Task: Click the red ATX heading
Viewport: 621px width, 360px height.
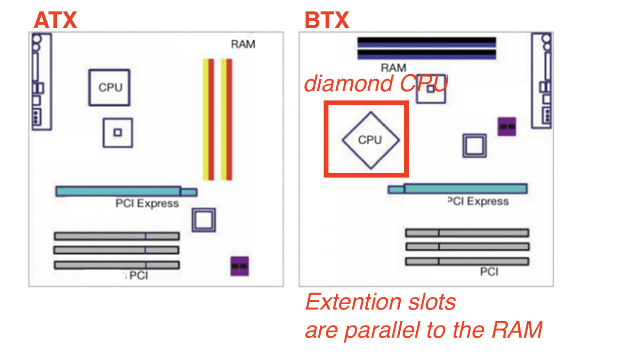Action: point(55,20)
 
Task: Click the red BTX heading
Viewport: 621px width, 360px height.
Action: point(327,20)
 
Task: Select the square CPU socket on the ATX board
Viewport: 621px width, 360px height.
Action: point(110,87)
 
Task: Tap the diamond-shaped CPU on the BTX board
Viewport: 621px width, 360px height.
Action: point(371,140)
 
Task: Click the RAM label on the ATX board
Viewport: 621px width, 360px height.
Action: point(243,44)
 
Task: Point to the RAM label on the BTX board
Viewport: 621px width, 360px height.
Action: point(393,67)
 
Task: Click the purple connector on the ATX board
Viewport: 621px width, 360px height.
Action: point(240,266)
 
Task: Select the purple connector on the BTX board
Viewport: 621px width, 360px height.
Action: point(507,127)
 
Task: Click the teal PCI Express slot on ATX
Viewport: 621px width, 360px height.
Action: point(127,191)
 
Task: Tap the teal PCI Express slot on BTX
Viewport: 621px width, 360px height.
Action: point(458,189)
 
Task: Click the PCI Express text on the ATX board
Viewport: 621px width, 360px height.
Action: point(147,204)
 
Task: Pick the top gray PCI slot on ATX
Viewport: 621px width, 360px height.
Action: point(117,236)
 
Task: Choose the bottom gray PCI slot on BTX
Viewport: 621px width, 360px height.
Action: point(467,261)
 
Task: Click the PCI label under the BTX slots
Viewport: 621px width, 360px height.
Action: point(490,272)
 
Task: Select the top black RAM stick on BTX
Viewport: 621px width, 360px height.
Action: point(426,42)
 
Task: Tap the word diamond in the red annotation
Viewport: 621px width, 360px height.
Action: point(348,84)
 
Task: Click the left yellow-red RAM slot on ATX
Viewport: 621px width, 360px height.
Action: point(209,119)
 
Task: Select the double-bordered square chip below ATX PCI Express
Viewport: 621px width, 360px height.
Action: point(204,220)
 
